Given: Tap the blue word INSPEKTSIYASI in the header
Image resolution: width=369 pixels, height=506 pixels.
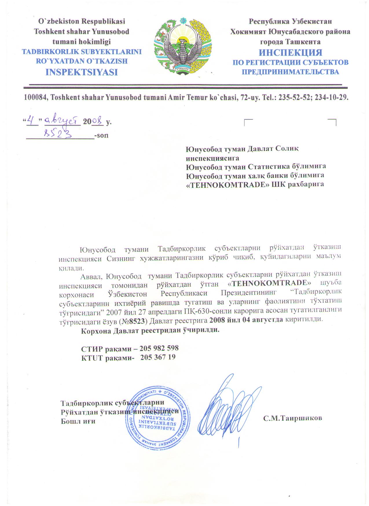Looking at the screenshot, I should [82, 72].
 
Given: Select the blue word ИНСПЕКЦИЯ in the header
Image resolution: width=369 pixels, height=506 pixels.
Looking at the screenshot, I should [290, 53].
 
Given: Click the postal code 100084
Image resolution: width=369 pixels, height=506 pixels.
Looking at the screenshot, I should [36, 97].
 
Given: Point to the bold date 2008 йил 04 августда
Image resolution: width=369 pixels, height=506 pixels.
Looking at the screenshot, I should [246, 320].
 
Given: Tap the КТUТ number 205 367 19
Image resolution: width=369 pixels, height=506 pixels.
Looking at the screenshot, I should [158, 357].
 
